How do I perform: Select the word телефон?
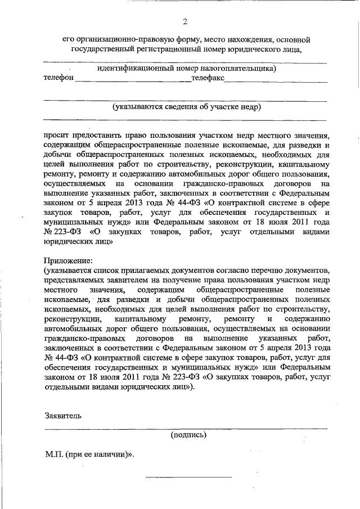(58, 78)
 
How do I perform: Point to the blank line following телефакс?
(276, 82)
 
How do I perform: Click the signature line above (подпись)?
(186, 429)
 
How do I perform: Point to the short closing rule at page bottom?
(188, 478)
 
